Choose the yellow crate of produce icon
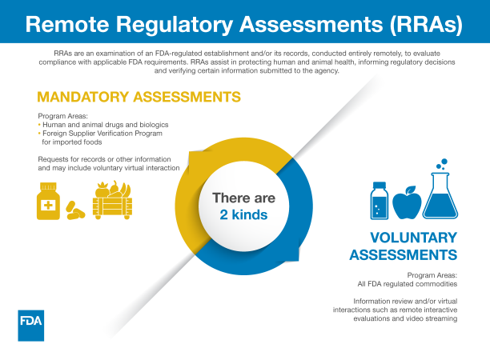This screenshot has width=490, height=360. tap(111, 199)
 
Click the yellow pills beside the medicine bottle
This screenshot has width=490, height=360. tap(76, 211)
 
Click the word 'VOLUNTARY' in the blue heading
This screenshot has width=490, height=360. tap(413, 238)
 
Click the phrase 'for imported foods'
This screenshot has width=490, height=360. tap(72, 142)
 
